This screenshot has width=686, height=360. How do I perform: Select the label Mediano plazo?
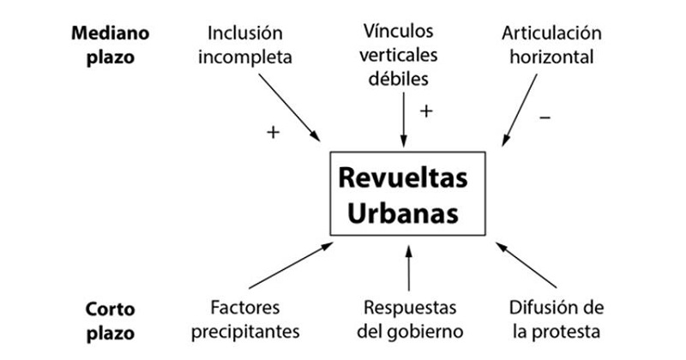pyautogui.click(x=111, y=46)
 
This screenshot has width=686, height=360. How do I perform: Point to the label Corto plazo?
pyautogui.click(x=111, y=318)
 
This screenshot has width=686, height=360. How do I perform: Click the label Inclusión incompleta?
pyautogui.click(x=245, y=46)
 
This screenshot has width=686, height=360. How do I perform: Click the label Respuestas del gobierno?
pyautogui.click(x=409, y=318)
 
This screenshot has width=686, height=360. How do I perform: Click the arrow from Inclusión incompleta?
pyautogui.click(x=288, y=107)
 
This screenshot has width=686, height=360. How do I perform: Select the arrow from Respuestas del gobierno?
pyautogui.click(x=409, y=267)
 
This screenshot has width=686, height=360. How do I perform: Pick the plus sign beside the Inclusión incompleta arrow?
pyautogui.click(x=273, y=132)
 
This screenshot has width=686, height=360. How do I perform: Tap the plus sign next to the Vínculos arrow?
pyautogui.click(x=425, y=111)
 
